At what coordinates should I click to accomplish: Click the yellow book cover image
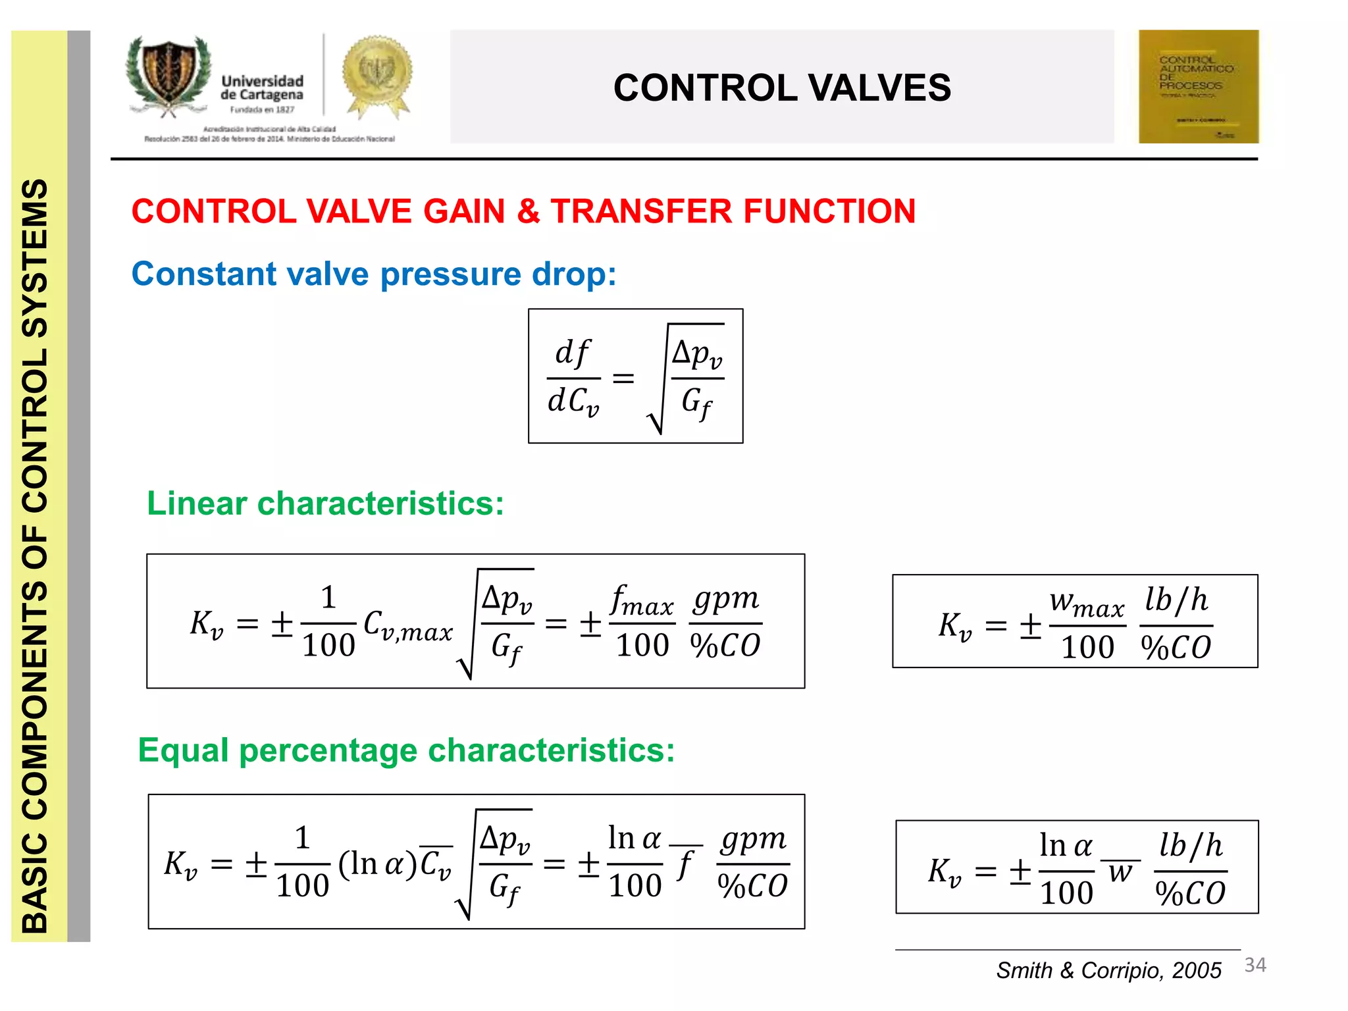[x=1198, y=86]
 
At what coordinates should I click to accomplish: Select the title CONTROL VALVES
[x=782, y=88]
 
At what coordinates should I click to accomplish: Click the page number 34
[x=1255, y=965]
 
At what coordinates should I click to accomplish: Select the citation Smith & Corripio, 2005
[x=1108, y=970]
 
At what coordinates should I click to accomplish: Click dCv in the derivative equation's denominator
[x=573, y=402]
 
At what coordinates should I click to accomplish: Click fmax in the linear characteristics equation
[x=642, y=600]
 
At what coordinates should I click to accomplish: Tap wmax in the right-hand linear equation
[x=1087, y=602]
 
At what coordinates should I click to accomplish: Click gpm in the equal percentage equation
[x=753, y=840]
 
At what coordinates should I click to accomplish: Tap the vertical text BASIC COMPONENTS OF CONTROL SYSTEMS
[x=36, y=556]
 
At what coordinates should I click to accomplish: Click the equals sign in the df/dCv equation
[x=623, y=378]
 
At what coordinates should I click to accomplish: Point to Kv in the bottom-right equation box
[x=945, y=871]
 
